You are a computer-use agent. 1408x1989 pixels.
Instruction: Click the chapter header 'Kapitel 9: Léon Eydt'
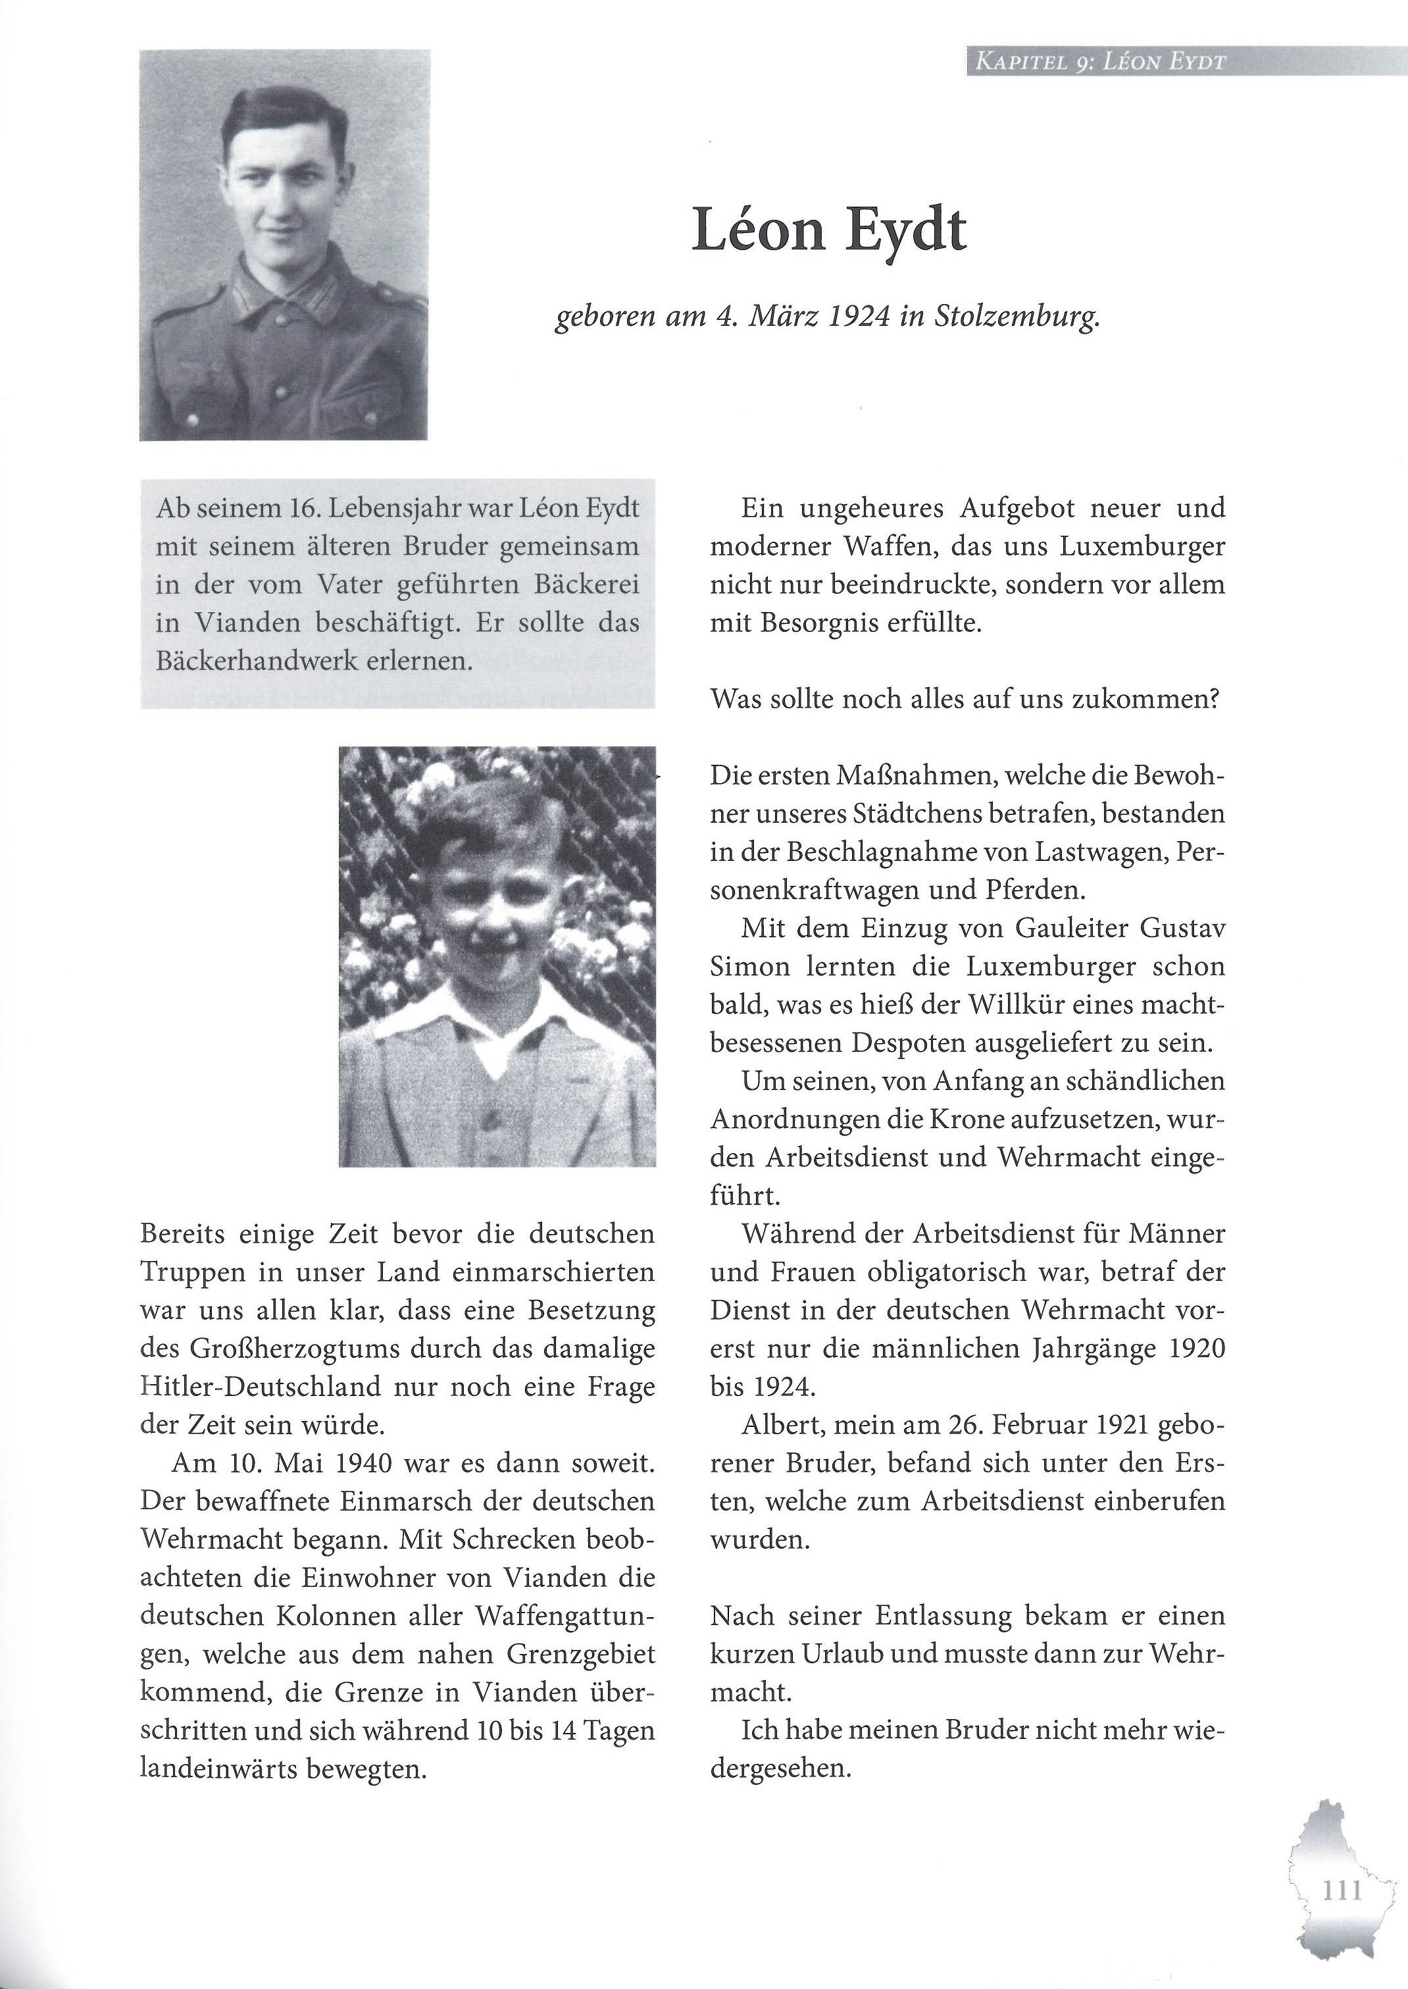click(1099, 63)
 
